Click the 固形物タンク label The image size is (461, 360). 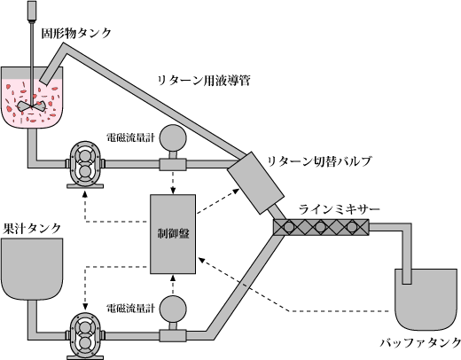[76, 33]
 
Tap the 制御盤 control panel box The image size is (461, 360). [173, 234]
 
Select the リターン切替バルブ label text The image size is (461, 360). [319, 161]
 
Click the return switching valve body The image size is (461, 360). [255, 183]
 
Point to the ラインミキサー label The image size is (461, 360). [339, 209]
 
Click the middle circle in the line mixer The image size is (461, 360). [320, 227]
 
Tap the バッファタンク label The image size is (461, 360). [420, 342]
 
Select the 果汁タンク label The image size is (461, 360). [32, 228]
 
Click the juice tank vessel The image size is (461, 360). [32, 269]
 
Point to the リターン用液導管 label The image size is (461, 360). [204, 81]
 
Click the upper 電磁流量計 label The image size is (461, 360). [130, 137]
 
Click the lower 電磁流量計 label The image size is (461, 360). [130, 309]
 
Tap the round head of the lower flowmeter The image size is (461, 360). [173, 309]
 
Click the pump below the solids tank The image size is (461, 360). [85, 164]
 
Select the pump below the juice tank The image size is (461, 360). [85, 336]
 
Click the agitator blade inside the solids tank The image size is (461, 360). [31, 106]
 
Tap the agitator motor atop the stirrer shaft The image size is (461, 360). [31, 11]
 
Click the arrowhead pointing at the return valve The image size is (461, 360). [236, 191]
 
